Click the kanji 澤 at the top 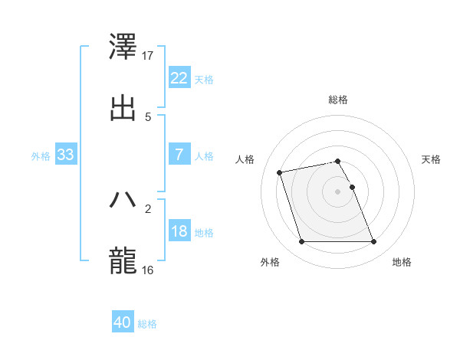point(123,48)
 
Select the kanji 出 point(123,107)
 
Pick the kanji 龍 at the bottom point(123,260)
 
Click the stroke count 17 point(149,56)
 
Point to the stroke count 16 point(149,270)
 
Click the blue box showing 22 point(179,77)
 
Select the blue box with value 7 point(179,154)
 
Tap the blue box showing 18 point(179,231)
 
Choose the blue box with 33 point(66,155)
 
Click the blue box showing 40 point(122,322)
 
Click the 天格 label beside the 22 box point(204,79)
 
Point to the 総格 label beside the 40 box point(147,324)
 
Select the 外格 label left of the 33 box point(41,156)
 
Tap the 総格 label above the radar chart point(338,100)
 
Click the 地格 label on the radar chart point(402,263)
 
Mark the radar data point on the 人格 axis point(280,172)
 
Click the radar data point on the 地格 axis point(373,242)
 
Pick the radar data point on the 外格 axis point(301,242)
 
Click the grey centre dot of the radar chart point(337,191)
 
